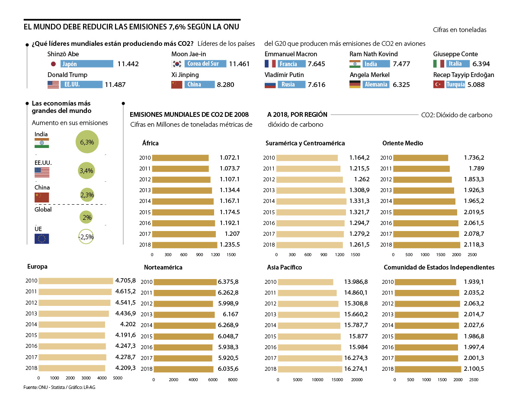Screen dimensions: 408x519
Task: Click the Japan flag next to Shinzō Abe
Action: coord(54,64)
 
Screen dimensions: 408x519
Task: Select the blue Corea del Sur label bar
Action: coord(206,64)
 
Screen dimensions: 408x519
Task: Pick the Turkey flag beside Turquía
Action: coord(439,85)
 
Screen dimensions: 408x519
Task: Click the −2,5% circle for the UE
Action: coord(86,237)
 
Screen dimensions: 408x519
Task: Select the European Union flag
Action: coord(42,238)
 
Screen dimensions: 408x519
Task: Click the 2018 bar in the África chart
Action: coord(184,244)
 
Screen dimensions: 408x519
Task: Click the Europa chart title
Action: coord(37,267)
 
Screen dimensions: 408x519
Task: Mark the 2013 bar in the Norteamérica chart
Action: coord(184,315)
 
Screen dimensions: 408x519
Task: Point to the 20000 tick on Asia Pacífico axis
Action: coord(356,380)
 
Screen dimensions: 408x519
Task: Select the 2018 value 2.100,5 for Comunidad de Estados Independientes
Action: coord(474,369)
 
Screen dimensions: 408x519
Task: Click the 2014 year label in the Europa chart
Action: coord(32,324)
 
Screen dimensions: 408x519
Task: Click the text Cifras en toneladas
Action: coord(459,30)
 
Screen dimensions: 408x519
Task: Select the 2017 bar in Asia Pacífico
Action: coord(309,358)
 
